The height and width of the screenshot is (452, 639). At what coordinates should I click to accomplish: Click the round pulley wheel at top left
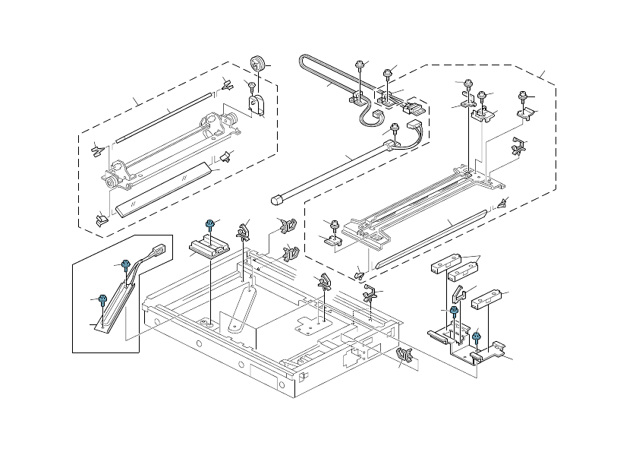tap(258, 64)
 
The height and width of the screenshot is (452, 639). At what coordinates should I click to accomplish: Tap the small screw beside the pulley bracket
tap(249, 84)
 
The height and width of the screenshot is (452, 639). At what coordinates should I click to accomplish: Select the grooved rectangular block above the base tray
tap(209, 245)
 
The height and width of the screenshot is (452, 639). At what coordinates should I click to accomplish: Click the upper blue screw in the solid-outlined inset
tap(126, 264)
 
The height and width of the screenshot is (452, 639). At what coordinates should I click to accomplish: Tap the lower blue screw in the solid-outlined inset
tap(102, 299)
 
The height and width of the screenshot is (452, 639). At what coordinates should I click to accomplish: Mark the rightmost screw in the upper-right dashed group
tap(521, 96)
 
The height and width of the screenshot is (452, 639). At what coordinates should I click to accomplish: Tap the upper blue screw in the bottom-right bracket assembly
tap(453, 311)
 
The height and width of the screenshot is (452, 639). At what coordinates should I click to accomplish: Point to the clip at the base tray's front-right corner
tap(404, 356)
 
